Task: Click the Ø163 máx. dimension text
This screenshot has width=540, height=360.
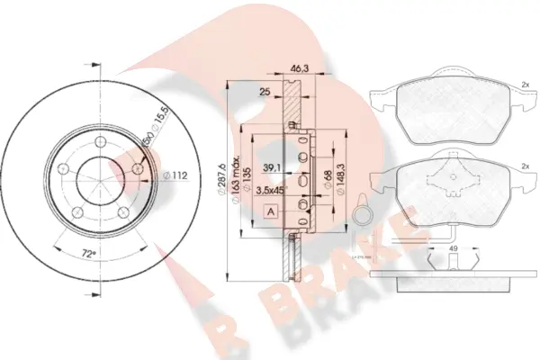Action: [x=237, y=176]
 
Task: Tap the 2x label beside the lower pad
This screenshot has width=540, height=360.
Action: [x=523, y=166]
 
